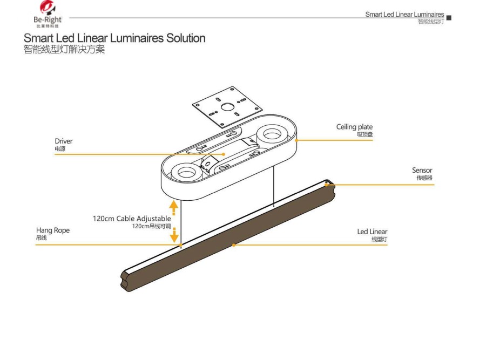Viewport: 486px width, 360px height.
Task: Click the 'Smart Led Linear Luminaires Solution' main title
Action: [114, 39]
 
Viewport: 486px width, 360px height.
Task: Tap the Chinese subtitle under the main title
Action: [64, 50]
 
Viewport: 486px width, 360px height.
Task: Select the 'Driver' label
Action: [63, 141]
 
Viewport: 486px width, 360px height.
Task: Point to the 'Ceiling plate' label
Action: [354, 127]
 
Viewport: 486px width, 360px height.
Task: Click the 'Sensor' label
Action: [422, 171]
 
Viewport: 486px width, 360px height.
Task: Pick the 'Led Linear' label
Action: [372, 232]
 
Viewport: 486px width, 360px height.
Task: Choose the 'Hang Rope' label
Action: [53, 230]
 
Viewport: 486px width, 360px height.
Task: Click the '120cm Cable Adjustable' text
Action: [132, 219]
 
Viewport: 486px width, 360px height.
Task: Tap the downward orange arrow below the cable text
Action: [174, 236]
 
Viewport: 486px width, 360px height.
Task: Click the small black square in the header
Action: [449, 18]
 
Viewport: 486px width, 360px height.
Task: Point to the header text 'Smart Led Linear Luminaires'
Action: [404, 15]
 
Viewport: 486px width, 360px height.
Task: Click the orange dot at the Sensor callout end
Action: [327, 185]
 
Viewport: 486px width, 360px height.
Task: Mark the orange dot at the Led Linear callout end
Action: [234, 245]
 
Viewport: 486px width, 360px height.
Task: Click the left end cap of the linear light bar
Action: [127, 280]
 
